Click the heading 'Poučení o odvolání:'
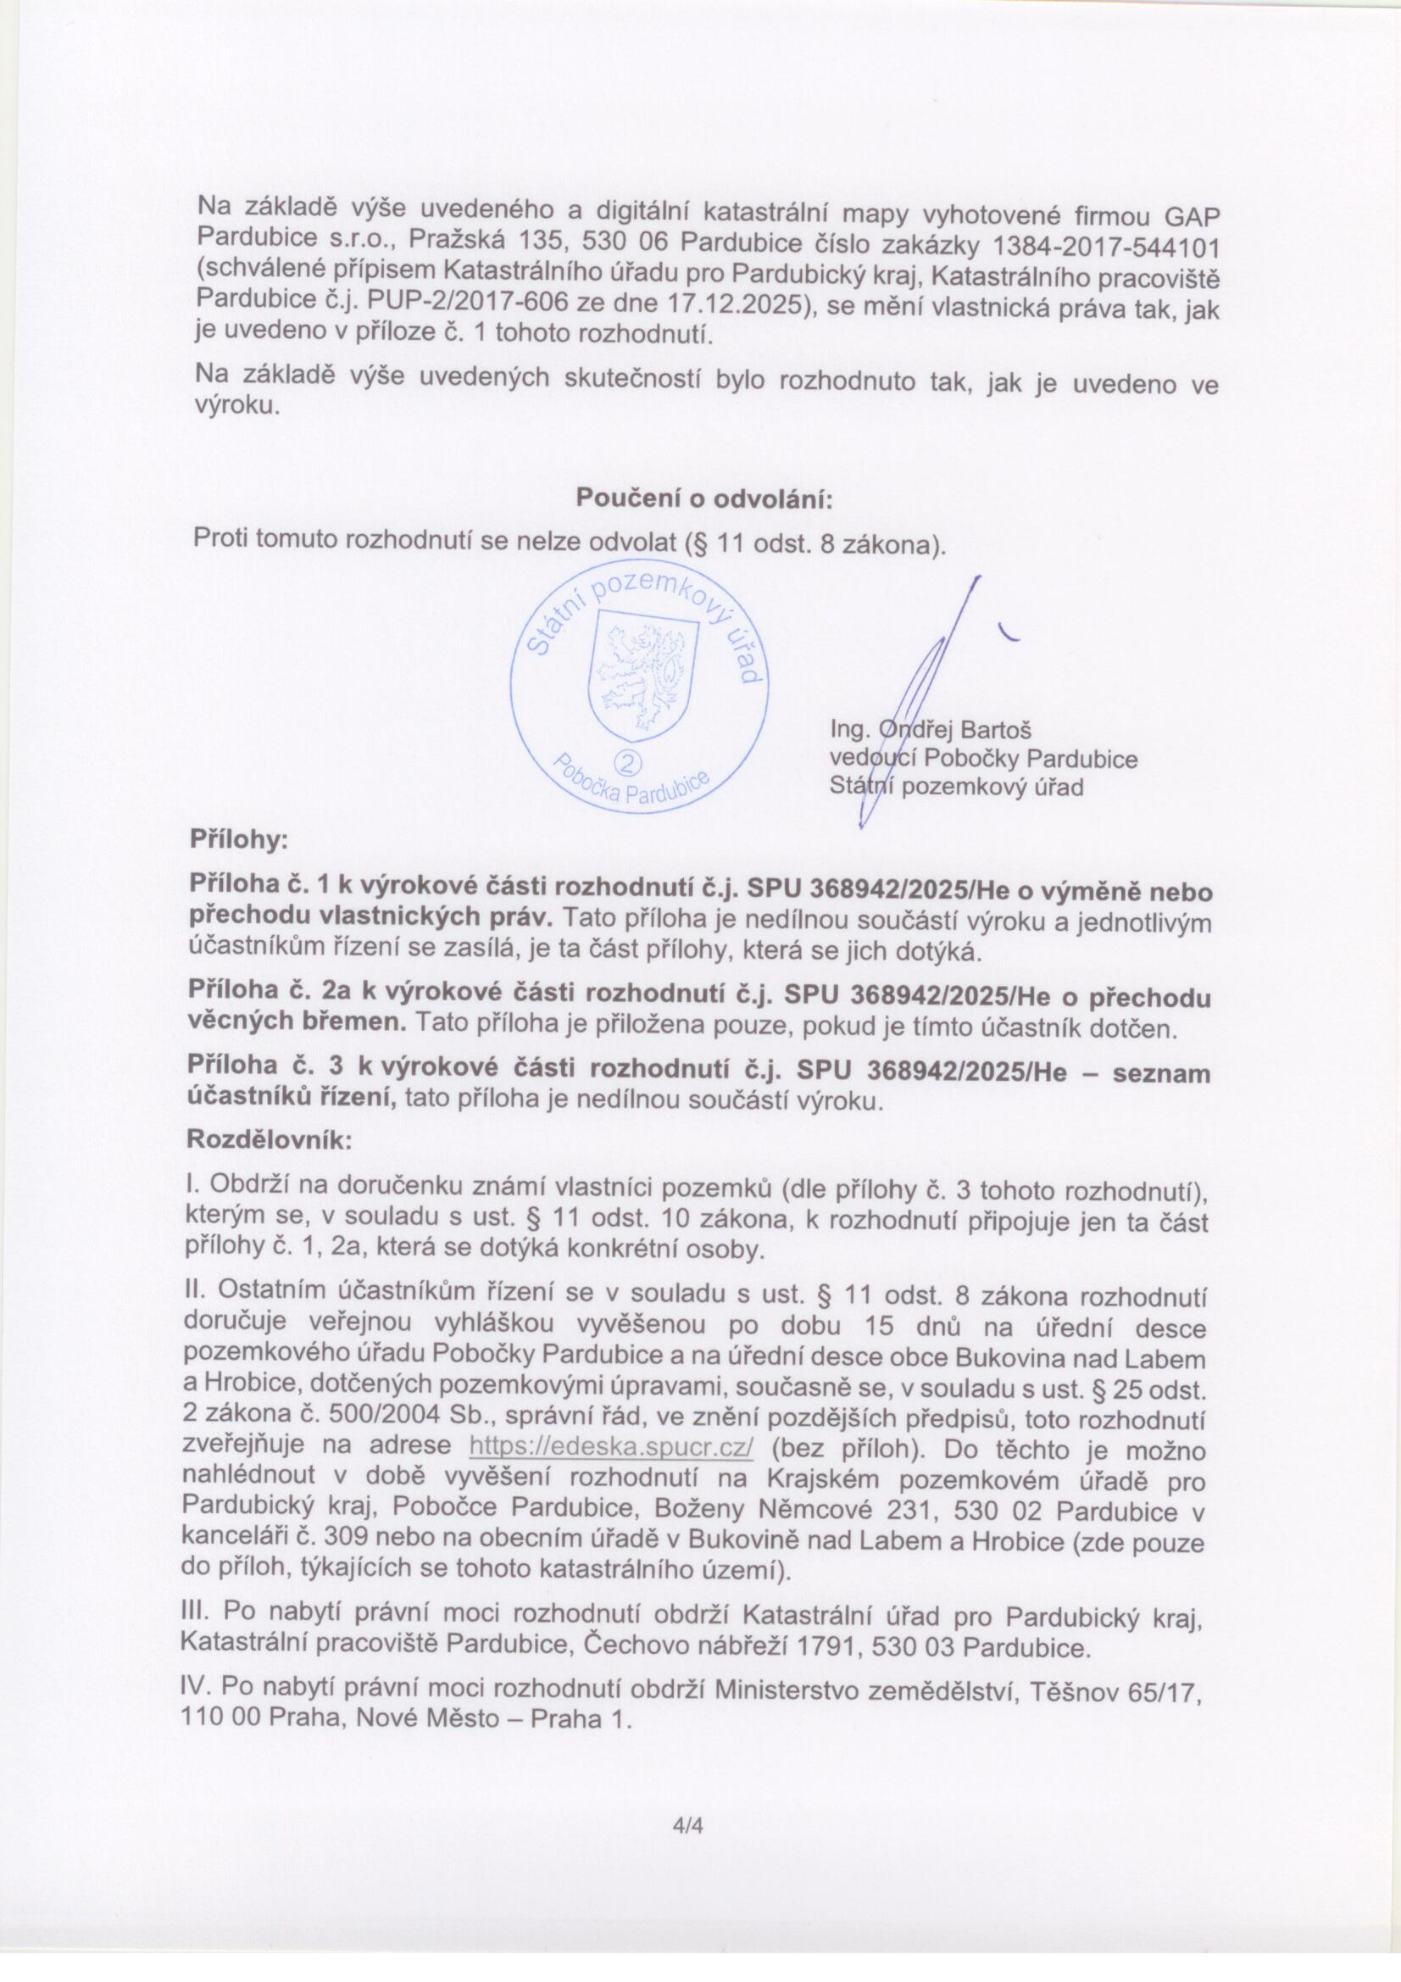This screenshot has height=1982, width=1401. coord(703,498)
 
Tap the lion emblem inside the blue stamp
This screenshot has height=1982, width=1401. coord(642,673)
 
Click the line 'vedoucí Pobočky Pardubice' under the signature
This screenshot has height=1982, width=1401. coord(983,759)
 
